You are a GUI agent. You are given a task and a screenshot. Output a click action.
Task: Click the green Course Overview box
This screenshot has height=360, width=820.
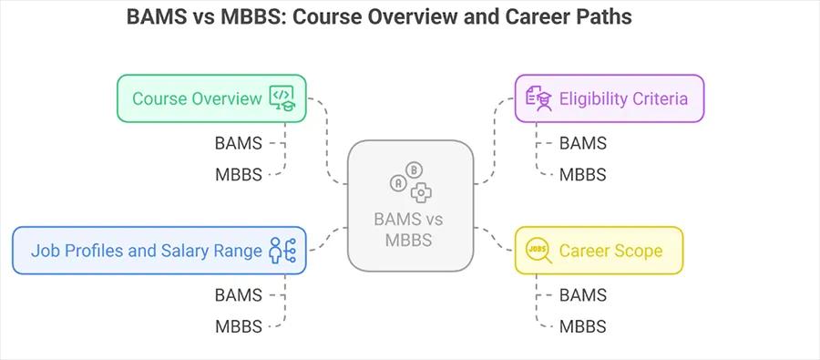(x=210, y=98)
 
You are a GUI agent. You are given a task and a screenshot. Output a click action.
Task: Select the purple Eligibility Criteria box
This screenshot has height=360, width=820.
(x=609, y=98)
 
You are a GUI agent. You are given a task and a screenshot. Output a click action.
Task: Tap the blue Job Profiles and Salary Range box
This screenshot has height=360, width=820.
(x=159, y=250)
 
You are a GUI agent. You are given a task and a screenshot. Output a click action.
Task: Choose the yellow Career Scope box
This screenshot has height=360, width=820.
(x=599, y=251)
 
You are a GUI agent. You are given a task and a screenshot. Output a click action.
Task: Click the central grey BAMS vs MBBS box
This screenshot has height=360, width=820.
(x=410, y=205)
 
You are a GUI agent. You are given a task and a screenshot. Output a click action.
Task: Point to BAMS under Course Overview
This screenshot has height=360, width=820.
(x=238, y=143)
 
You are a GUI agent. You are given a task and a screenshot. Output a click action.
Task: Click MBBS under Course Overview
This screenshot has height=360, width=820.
(x=238, y=173)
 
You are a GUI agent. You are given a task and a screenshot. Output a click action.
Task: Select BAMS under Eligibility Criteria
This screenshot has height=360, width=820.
(x=582, y=143)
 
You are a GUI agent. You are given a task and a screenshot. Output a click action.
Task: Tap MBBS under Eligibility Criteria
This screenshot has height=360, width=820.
(x=582, y=174)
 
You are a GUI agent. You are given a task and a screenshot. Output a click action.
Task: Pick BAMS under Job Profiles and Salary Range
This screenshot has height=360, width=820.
(x=238, y=295)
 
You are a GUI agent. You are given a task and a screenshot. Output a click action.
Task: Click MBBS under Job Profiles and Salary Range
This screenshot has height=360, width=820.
(x=238, y=325)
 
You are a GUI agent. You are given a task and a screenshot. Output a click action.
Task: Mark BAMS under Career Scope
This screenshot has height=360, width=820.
(x=582, y=295)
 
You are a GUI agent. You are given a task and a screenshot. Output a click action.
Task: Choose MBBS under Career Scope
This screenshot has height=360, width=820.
(x=582, y=326)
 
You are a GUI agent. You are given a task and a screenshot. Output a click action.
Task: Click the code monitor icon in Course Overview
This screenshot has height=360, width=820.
(x=282, y=98)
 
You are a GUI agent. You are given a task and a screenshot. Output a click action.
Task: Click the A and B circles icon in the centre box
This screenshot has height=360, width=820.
(x=410, y=180)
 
